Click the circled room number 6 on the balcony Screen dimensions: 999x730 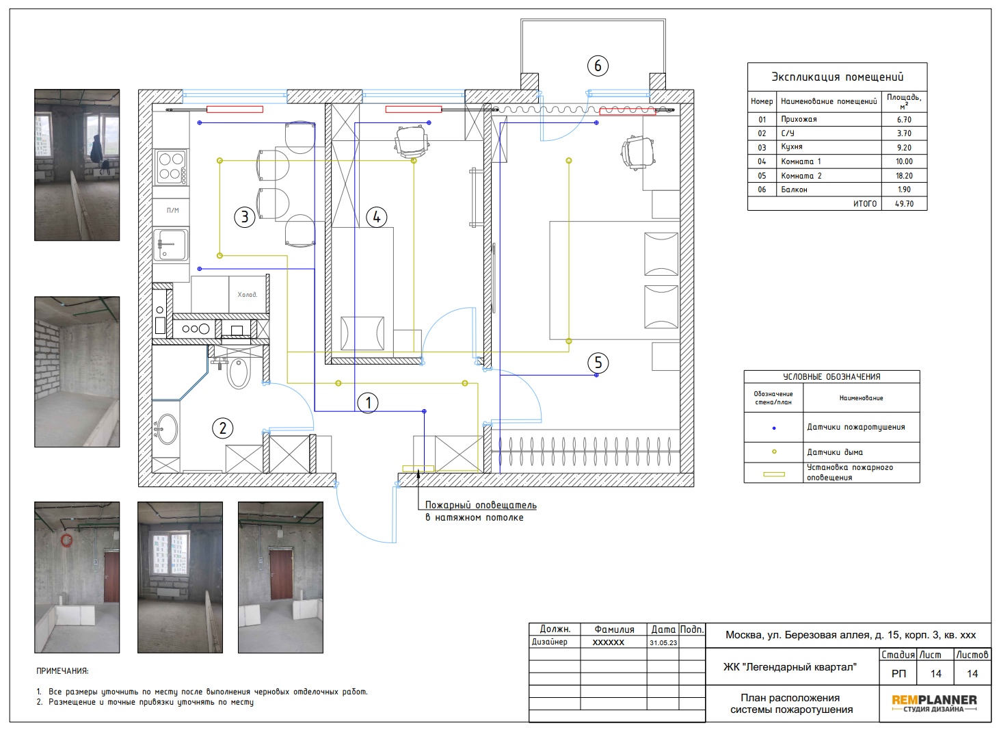(598, 66)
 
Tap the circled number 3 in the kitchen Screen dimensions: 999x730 (244, 218)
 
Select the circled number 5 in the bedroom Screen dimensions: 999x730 (598, 363)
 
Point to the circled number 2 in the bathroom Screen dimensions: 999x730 (222, 428)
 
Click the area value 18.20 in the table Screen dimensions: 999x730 (904, 176)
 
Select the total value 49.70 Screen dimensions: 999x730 (904, 204)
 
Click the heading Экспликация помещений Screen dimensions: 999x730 (837, 77)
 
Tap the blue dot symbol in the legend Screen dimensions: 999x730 (774, 428)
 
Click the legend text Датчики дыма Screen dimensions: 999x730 (834, 452)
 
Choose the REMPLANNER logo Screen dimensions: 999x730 (934, 703)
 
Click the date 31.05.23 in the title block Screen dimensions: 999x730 (663, 643)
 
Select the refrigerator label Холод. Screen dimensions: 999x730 (247, 294)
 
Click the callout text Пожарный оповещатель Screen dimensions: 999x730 (480, 505)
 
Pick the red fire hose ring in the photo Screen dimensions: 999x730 (66, 540)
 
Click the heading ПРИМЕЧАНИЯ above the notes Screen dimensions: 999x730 (62, 671)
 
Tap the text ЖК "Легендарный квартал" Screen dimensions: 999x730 (790, 667)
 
